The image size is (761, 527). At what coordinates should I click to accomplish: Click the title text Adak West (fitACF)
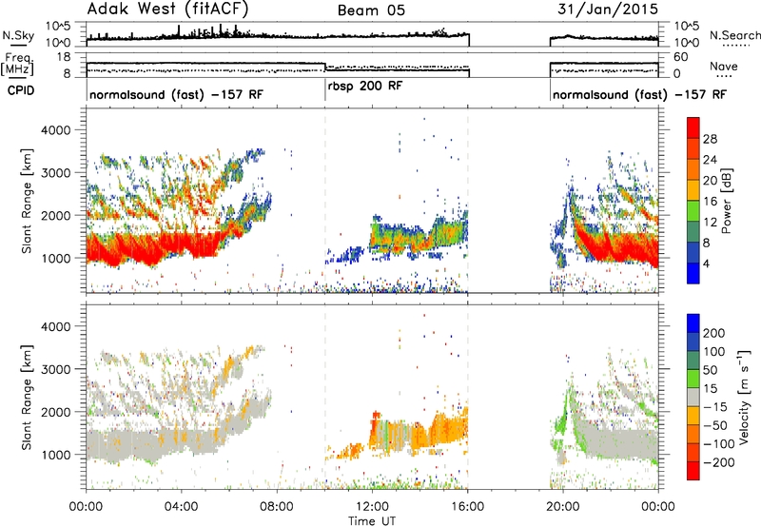click(167, 10)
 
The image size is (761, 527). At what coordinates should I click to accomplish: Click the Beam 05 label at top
click(371, 10)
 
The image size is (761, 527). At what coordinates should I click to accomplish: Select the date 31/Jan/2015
click(608, 10)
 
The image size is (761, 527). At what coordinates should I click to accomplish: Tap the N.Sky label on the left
click(18, 35)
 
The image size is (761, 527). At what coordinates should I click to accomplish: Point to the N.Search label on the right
click(734, 35)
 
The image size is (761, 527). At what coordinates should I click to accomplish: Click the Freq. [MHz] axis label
click(17, 64)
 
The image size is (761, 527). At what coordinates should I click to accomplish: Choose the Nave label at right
click(724, 67)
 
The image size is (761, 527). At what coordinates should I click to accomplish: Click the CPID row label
click(21, 90)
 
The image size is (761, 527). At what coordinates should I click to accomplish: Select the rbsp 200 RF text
click(365, 87)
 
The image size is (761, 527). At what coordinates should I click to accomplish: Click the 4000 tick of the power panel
click(57, 130)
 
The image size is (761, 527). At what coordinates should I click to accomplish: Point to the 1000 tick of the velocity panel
click(57, 455)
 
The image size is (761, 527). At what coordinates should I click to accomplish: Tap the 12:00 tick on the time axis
click(372, 507)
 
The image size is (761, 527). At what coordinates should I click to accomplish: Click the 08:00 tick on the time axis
click(277, 507)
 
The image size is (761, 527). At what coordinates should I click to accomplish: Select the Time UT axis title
click(372, 521)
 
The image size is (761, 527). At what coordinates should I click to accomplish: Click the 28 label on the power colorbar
click(710, 139)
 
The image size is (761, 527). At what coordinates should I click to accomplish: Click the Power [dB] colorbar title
click(726, 201)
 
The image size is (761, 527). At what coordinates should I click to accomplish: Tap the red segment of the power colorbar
click(693, 128)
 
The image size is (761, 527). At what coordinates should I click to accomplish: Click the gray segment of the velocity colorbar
click(693, 398)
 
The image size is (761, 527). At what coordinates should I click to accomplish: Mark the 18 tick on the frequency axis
click(64, 57)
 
